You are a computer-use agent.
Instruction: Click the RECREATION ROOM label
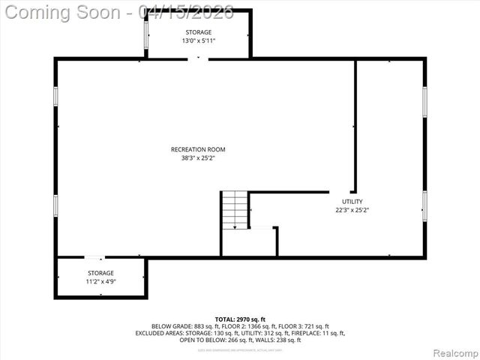tap(198, 149)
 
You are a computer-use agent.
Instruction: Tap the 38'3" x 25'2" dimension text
tap(198, 158)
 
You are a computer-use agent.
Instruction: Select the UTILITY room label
tap(352, 202)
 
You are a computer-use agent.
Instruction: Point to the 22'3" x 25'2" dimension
tap(352, 211)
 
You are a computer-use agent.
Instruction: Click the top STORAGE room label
tap(199, 32)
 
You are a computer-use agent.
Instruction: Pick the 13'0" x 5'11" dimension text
tap(199, 40)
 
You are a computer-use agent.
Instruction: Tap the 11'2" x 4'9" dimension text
tap(100, 282)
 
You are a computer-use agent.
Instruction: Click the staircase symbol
tap(235, 210)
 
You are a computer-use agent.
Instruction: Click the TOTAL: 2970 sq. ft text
tap(240, 319)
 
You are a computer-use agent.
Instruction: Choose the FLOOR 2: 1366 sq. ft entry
tap(247, 326)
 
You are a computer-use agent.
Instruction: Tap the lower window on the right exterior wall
tap(424, 205)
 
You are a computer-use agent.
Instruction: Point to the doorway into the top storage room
tap(198, 58)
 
